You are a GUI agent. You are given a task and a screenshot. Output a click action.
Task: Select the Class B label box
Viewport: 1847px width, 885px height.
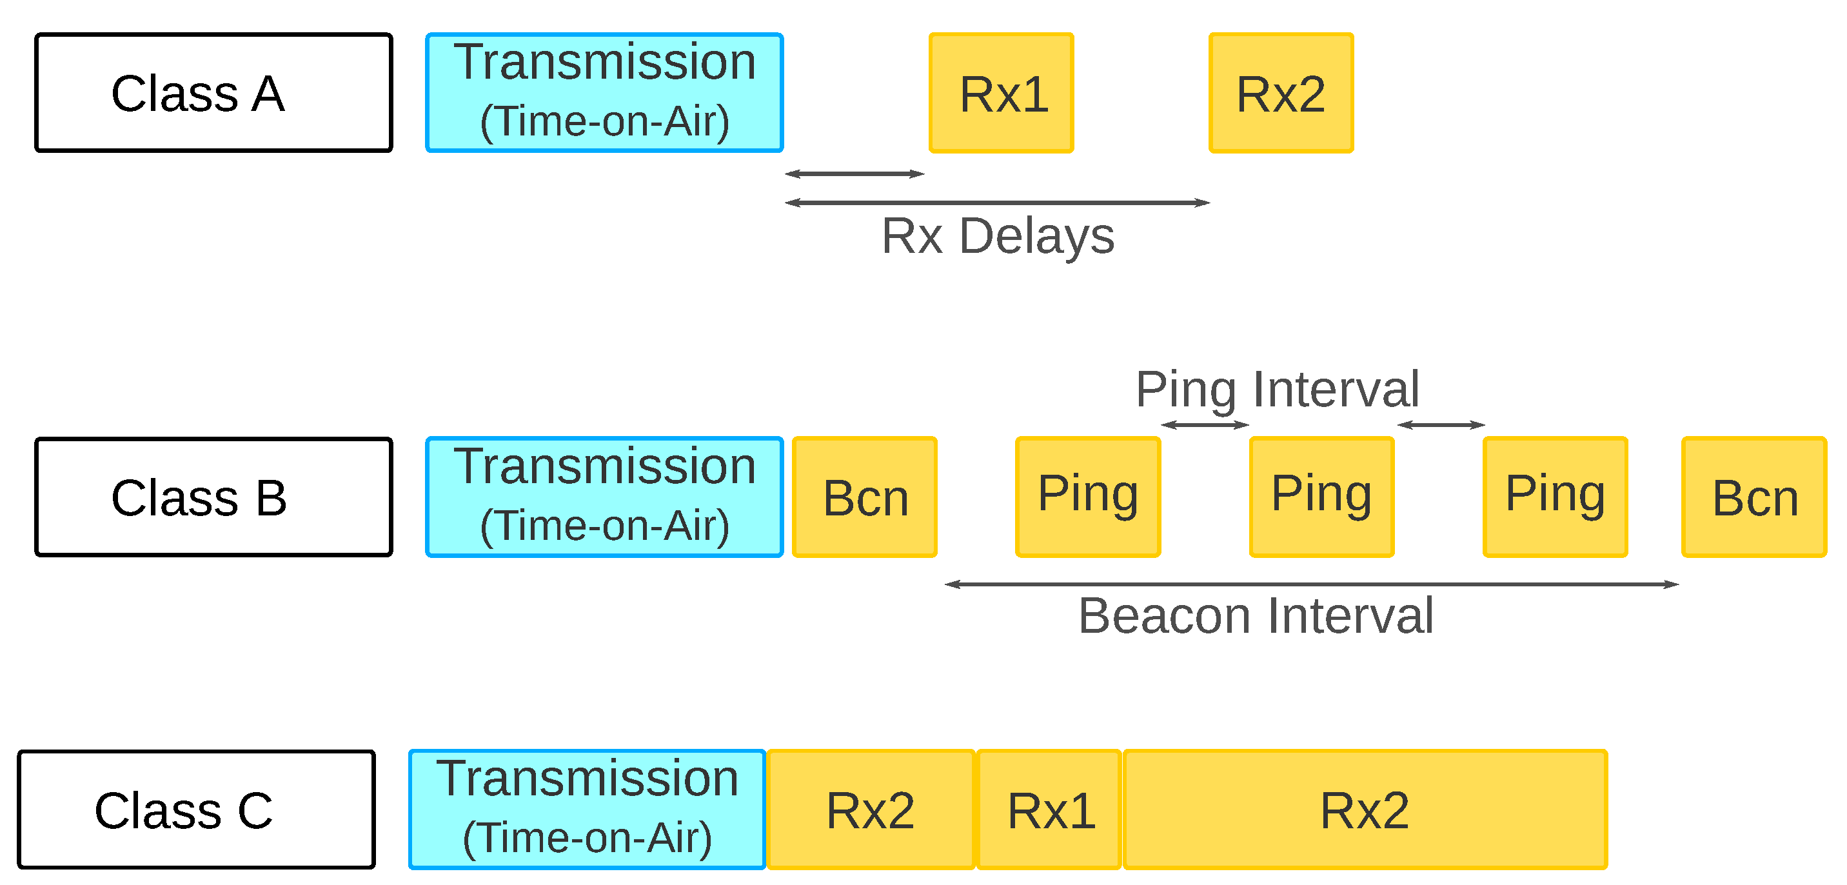(213, 496)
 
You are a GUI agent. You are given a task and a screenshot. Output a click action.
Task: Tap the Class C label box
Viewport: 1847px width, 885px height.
(197, 810)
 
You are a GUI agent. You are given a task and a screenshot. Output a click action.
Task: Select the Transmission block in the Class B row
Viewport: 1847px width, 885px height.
(604, 496)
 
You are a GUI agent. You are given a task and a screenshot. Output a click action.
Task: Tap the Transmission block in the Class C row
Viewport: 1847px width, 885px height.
(588, 810)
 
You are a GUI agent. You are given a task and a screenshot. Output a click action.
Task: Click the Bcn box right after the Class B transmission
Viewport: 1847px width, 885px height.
(864, 496)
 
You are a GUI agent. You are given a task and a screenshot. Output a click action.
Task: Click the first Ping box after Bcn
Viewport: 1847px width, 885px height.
(1088, 496)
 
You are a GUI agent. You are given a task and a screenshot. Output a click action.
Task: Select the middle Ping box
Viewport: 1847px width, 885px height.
(1321, 496)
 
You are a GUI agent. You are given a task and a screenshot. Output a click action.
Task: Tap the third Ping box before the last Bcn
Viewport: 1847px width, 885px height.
(1555, 496)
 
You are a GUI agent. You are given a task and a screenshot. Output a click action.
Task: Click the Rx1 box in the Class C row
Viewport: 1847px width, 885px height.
(1049, 810)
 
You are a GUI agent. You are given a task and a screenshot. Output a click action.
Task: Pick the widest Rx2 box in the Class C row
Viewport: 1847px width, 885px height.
(1365, 810)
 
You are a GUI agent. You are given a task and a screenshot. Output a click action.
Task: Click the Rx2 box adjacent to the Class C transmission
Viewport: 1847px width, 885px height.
(871, 810)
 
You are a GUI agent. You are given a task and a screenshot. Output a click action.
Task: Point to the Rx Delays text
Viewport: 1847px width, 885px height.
(998, 236)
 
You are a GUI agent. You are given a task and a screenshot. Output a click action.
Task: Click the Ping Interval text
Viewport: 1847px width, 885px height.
(1277, 390)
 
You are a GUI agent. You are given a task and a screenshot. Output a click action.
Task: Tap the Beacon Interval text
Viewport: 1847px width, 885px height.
(1256, 615)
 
